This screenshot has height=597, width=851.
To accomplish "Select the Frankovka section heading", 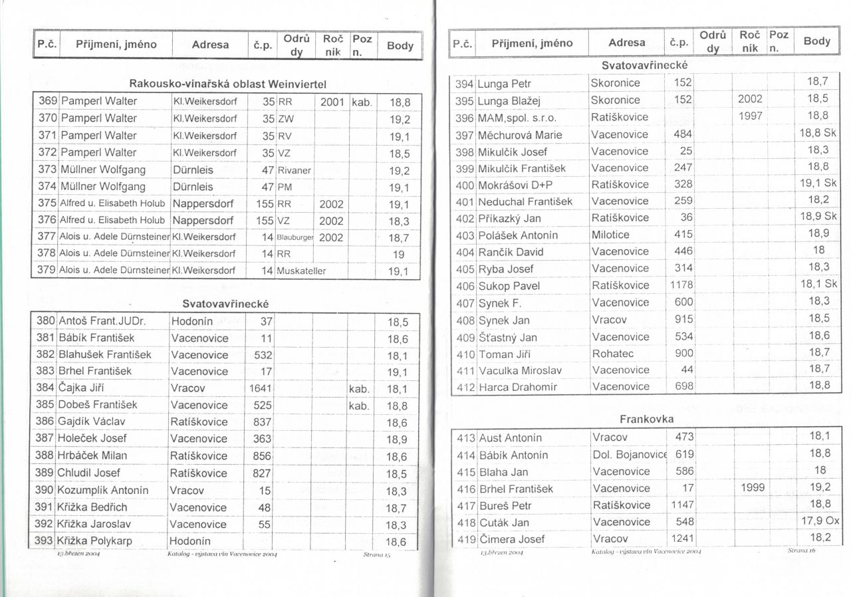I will (646, 419).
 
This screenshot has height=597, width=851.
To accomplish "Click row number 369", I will (47, 102).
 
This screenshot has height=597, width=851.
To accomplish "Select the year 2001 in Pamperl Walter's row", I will (332, 102).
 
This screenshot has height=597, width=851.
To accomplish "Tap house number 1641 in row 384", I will (261, 388).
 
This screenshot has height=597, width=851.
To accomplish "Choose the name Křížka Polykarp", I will (95, 541).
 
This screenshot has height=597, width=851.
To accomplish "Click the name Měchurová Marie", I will (520, 135).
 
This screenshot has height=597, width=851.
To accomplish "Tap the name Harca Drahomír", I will (518, 387).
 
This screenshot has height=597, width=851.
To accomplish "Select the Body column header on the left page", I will (400, 46).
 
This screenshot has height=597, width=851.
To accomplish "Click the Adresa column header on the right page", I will (626, 43).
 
